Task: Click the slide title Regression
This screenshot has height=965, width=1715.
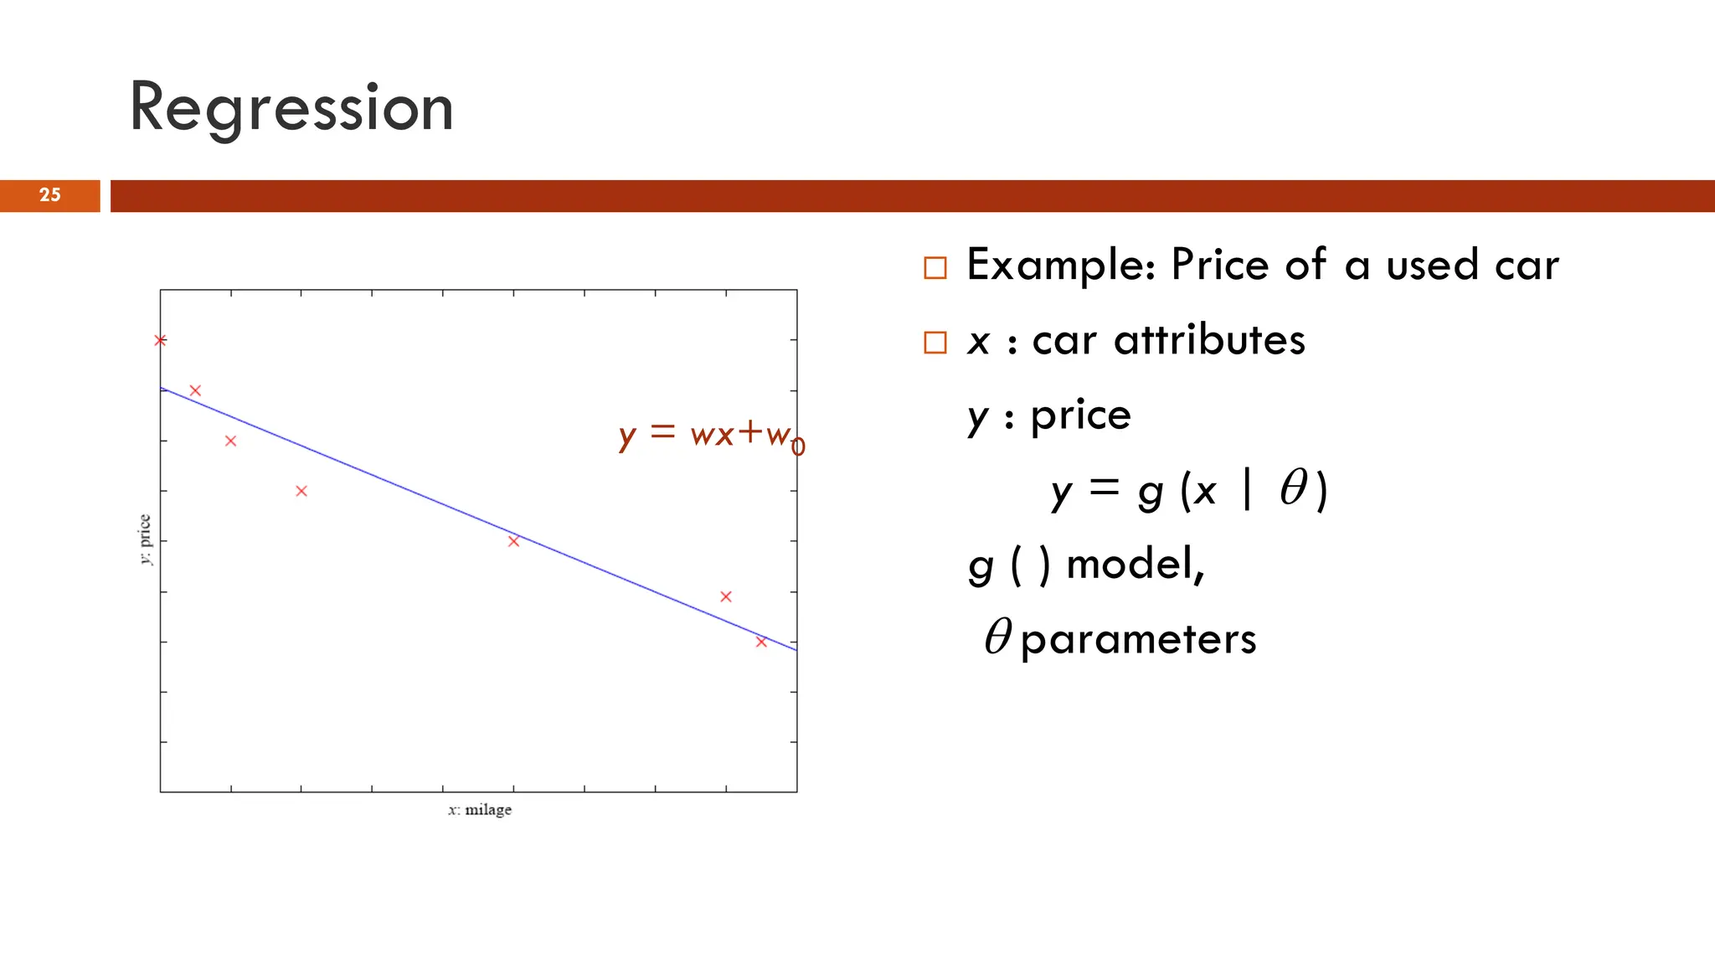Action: [x=291, y=107]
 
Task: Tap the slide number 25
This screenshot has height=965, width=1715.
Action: [x=50, y=195]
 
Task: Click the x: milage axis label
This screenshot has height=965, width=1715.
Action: [x=479, y=810]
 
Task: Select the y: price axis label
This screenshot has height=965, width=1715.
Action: [x=145, y=539]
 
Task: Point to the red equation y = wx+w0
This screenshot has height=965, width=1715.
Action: [x=710, y=435]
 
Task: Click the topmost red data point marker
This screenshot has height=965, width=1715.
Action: [x=160, y=340]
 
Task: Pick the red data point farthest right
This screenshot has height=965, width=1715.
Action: [x=761, y=642]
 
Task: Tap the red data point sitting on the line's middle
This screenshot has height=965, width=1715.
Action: [x=513, y=541]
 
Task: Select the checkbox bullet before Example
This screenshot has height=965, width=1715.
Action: [x=935, y=267]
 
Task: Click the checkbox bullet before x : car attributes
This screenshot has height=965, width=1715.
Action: [x=935, y=342]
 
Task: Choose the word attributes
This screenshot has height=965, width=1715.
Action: [x=1209, y=340]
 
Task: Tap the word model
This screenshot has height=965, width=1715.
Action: [x=1134, y=564]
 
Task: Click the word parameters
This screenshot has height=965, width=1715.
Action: [x=1139, y=640]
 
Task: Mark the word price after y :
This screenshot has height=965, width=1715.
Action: [x=1080, y=415]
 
